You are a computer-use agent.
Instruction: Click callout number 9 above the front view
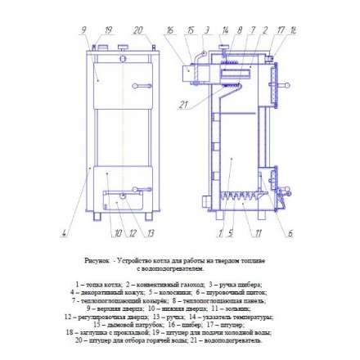click(x=85, y=30)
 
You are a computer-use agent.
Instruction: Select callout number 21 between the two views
click(x=184, y=105)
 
